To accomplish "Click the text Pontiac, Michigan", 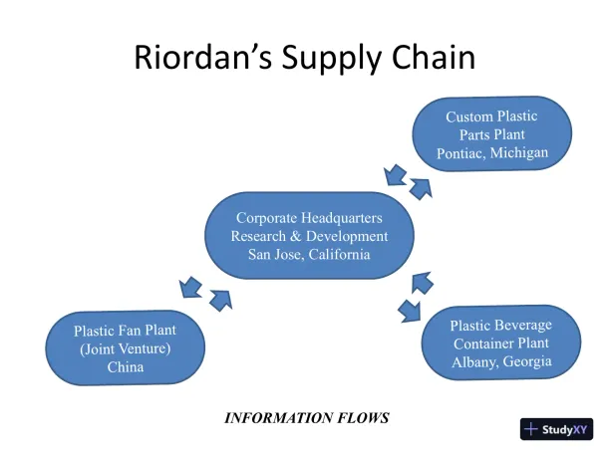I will pos(492,152).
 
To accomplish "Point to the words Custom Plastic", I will pos(492,116).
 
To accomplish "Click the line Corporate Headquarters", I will pos(309,218).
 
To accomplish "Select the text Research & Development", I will pos(309,236).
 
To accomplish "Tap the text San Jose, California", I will pos(309,254).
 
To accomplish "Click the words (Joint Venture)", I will pos(126,348).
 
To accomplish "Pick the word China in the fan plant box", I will pos(126,366).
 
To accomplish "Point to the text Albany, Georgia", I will pos(500,361).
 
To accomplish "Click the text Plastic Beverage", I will pos(500,326).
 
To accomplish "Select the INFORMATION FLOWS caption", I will pos(306,417).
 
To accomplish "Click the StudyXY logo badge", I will pos(556,429).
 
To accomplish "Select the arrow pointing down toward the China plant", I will pos(189,289).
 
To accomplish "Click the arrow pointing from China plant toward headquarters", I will pos(219,297).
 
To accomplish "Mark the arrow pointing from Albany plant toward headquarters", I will pos(423,283).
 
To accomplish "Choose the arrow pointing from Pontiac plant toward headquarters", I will pos(394,176).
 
